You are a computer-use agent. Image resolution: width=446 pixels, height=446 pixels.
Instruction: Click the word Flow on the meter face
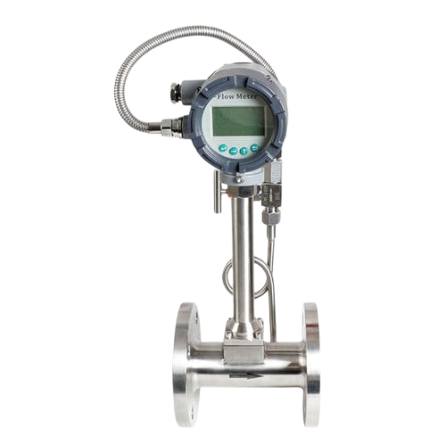pos(227,97)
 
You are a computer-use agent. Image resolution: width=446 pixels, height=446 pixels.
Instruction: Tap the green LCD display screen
pos(240,120)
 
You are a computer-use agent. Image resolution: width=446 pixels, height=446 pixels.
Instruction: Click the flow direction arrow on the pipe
pos(246,376)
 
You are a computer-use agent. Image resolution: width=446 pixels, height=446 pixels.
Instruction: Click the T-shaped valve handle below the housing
pos(218,193)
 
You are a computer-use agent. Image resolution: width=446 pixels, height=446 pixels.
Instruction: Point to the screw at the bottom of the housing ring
pos(239,179)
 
